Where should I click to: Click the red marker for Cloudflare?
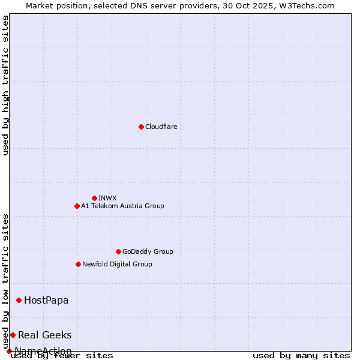[141, 127]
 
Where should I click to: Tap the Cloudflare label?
[161, 127]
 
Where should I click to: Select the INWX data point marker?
[94, 198]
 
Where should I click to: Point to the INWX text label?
[107, 198]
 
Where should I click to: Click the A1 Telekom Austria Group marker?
[77, 206]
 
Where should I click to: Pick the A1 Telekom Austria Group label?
[122, 206]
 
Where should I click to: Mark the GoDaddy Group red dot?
[118, 251]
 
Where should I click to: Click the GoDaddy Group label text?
[148, 251]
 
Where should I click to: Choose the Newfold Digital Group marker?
[78, 264]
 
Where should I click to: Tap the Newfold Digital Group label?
[117, 264]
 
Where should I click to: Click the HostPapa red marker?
[19, 300]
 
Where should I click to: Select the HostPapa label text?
[46, 300]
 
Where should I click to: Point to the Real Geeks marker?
[13, 335]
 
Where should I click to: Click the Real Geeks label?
[44, 335]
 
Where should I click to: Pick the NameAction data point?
[9, 351]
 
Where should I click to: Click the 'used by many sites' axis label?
[301, 355]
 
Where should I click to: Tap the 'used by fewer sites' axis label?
[62, 355]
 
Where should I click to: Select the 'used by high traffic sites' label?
[5, 85]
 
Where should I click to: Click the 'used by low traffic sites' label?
[5, 281]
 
